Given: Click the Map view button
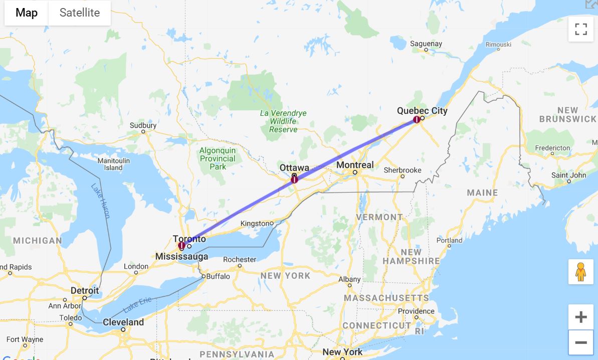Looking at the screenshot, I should [27, 13].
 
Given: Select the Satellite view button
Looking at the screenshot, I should [79, 13].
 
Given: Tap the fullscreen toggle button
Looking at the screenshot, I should [581, 29].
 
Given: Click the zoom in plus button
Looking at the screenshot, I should [581, 317].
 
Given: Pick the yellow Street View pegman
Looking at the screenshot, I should [581, 272].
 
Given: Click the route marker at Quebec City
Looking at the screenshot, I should [417, 119].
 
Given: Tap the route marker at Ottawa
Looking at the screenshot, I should [294, 179].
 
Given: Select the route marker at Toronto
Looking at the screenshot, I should [181, 246].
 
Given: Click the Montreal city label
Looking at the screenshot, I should [355, 165].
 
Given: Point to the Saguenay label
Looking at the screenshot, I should [426, 44].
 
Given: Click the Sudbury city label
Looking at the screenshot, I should [143, 125].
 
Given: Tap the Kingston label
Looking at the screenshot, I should [255, 223].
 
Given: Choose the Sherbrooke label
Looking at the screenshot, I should [403, 170].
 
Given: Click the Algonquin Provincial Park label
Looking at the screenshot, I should [218, 158].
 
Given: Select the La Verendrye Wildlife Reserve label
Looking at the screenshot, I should [283, 121].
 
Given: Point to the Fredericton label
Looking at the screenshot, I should [552, 148].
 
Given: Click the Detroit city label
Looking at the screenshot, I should [85, 291].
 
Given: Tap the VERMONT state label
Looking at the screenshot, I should [379, 217].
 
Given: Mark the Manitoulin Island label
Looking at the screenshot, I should [113, 164].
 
